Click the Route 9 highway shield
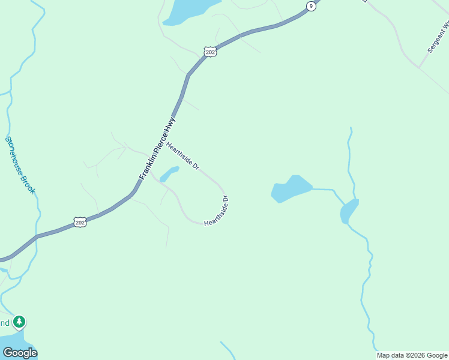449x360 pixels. click(x=310, y=6)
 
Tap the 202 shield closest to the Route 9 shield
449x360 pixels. click(x=209, y=52)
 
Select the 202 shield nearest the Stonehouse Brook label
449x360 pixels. click(x=80, y=223)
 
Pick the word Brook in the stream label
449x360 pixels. click(x=29, y=184)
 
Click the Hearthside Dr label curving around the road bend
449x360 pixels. click(x=218, y=212)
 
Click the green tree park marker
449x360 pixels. click(x=20, y=322)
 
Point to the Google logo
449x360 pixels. click(x=20, y=353)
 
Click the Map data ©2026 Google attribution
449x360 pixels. click(x=412, y=355)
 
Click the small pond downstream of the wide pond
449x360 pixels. click(x=349, y=211)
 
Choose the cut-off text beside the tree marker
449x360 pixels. click(x=4, y=323)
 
